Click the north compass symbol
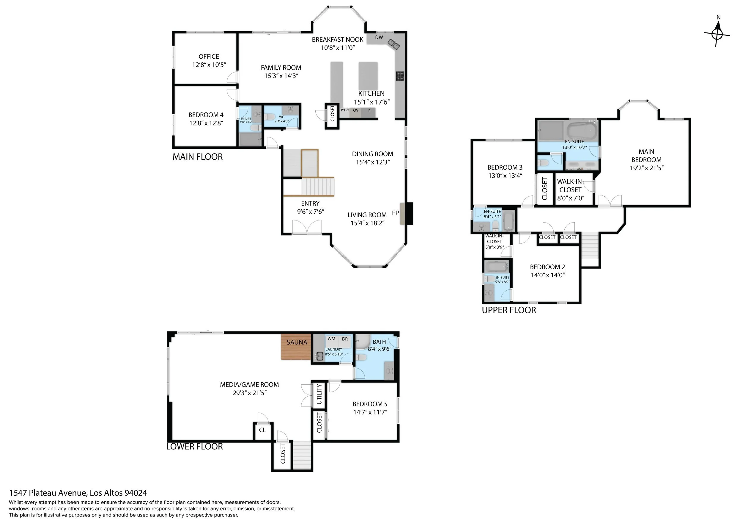coord(717,33)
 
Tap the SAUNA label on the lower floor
coord(296,342)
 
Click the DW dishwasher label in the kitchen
coord(379,37)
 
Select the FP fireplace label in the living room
coord(395,213)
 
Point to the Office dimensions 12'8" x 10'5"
coord(209,65)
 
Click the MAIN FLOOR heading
coord(197,157)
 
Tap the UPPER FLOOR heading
coord(509,310)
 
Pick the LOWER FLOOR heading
coord(194,447)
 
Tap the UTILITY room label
coord(319,394)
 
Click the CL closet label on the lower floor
coord(262,430)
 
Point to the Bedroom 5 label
coord(369,404)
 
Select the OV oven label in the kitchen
coord(356,110)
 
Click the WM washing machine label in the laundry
coord(331,339)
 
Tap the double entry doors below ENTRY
coord(307,227)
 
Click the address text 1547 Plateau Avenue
coord(78,493)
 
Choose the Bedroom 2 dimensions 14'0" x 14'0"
coord(547,275)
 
